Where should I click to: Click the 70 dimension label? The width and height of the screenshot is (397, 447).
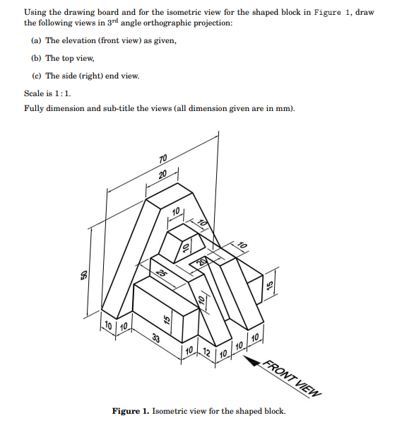[164, 158]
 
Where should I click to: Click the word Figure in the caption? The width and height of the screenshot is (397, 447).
[127, 411]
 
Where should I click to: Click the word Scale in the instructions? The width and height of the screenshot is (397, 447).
[35, 93]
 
